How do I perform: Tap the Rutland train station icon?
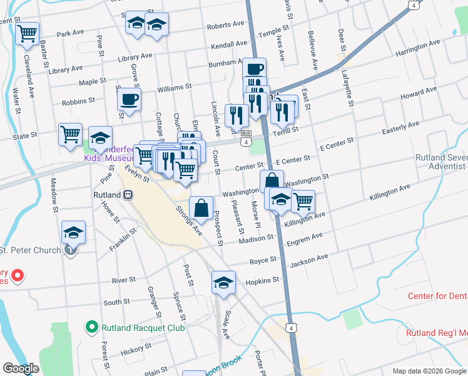(x=127, y=195)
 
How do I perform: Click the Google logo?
(x=21, y=368)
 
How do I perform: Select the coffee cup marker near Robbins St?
(x=129, y=100)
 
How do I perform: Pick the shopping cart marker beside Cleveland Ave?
(x=27, y=34)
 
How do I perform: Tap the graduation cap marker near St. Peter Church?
(x=74, y=234)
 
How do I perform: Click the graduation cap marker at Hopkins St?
(x=223, y=283)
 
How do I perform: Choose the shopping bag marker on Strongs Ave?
(x=201, y=209)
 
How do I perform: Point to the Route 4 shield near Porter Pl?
(x=290, y=328)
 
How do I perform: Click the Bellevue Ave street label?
(x=312, y=48)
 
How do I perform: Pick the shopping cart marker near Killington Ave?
(x=303, y=201)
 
